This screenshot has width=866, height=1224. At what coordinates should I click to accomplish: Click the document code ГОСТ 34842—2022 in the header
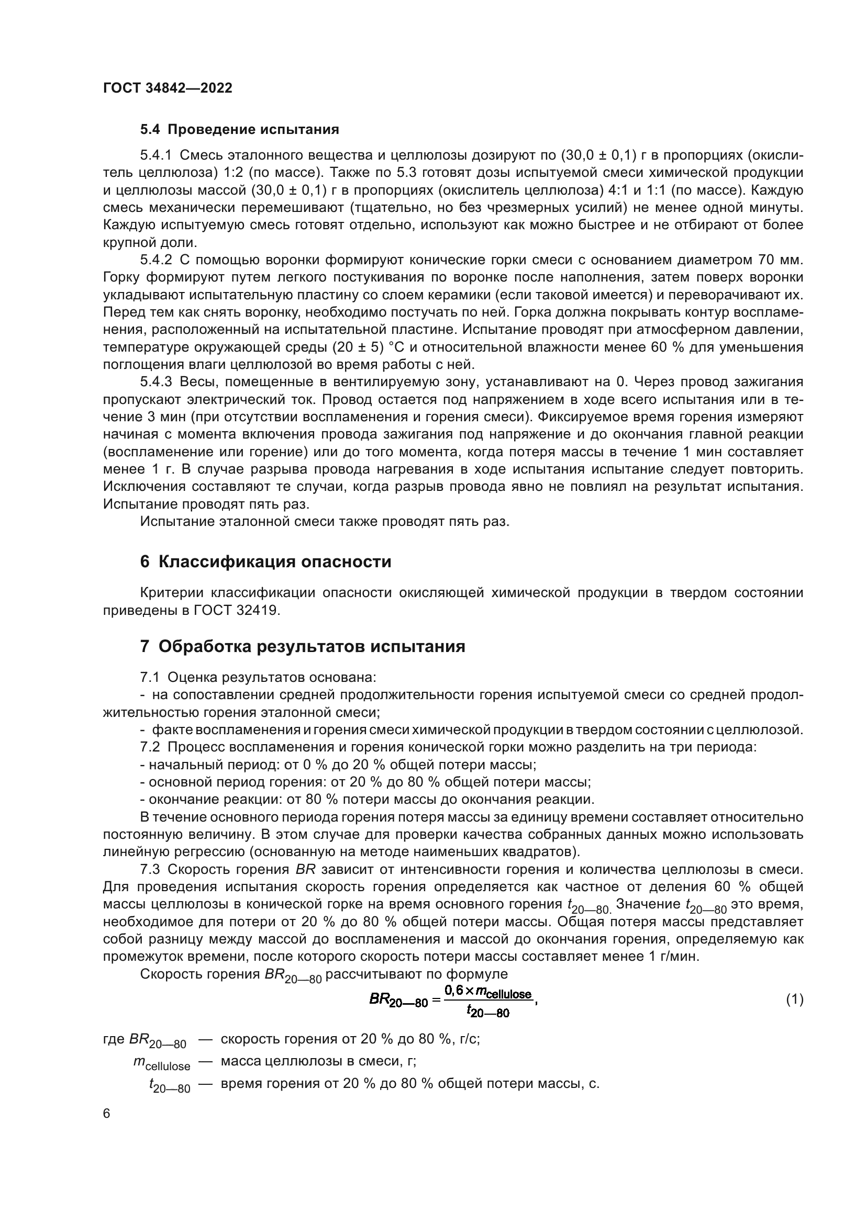[168, 88]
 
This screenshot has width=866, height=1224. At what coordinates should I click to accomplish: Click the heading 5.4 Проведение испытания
[239, 130]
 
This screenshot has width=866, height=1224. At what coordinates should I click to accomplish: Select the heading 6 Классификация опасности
[265, 562]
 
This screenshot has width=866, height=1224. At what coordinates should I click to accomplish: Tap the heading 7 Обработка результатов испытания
[302, 647]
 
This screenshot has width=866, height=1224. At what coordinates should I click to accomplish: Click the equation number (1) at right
[794, 1000]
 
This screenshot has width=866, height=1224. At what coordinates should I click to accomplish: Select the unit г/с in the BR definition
[469, 1039]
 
